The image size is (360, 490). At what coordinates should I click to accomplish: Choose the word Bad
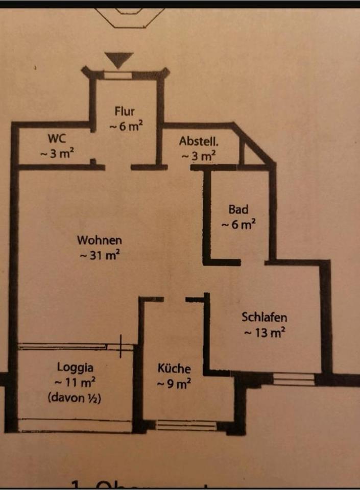pyautogui.click(x=238, y=209)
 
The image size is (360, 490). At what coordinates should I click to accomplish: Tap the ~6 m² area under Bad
pyautogui.click(x=238, y=225)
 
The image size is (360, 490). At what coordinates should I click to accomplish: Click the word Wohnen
pyautogui.click(x=100, y=239)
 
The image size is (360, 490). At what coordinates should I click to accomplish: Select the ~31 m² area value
pyautogui.click(x=100, y=256)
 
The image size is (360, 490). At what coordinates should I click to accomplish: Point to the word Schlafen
pyautogui.click(x=264, y=317)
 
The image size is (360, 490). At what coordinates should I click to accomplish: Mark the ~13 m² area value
pyautogui.click(x=264, y=333)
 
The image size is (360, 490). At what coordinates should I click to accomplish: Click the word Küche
pyautogui.click(x=174, y=368)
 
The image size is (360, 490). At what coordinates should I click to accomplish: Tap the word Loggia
pyautogui.click(x=75, y=366)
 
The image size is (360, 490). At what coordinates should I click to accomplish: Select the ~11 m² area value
pyautogui.click(x=75, y=381)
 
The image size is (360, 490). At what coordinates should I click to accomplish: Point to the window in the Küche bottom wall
pyautogui.click(x=186, y=425)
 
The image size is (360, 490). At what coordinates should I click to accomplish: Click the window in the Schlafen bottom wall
pyautogui.click(x=293, y=380)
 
